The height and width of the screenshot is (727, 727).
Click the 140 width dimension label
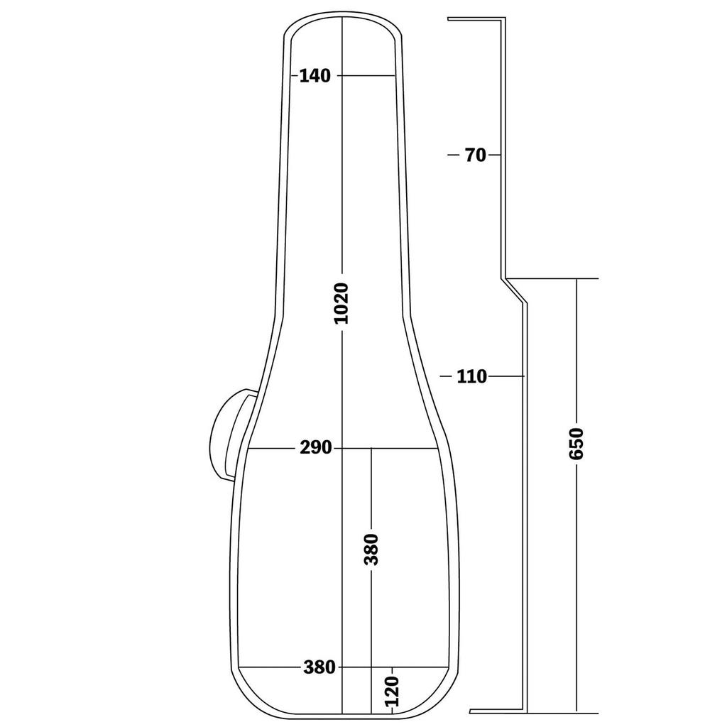tap(315, 75)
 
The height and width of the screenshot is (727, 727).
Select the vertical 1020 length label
tap(341, 303)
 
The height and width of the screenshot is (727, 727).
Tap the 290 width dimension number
tap(316, 448)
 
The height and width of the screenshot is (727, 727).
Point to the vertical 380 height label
tap(371, 550)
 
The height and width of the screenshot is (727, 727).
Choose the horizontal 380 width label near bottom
tap(319, 667)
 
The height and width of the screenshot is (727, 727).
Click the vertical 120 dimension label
tap(392, 692)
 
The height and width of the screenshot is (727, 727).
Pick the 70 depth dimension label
tap(475, 155)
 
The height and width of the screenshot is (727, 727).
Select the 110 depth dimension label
tap(472, 376)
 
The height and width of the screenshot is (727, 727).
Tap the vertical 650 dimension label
tap(576, 444)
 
